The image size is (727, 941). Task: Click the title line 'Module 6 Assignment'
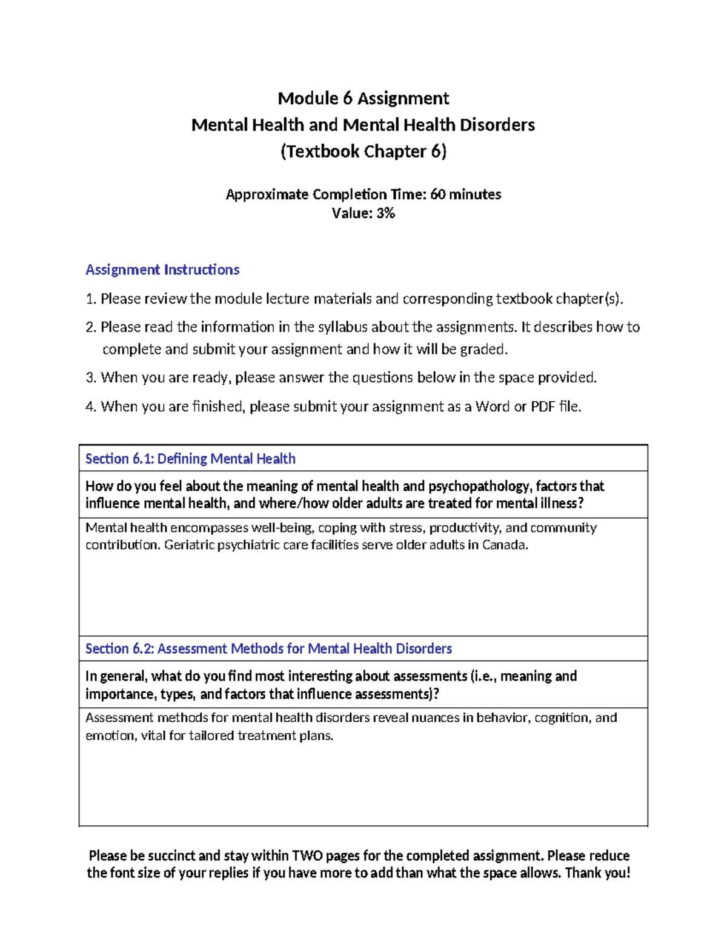(x=363, y=98)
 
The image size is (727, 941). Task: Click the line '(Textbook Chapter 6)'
(x=363, y=151)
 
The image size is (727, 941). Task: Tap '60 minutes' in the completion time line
(x=465, y=195)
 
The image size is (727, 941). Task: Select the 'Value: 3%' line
(x=363, y=213)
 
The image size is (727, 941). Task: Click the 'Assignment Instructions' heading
(x=162, y=270)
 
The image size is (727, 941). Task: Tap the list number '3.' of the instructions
(x=91, y=378)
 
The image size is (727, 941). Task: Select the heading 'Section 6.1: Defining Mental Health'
(x=190, y=459)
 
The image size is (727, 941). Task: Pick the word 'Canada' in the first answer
(x=505, y=545)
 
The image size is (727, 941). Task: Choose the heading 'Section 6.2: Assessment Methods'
(x=268, y=649)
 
